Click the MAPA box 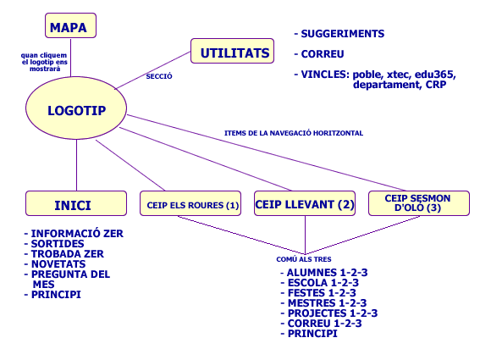click(71, 25)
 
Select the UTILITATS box click(232, 51)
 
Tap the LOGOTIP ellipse click(76, 108)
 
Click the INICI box click(76, 203)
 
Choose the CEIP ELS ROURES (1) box click(190, 203)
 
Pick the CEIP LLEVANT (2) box click(305, 203)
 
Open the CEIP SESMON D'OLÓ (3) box click(419, 203)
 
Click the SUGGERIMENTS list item click(339, 34)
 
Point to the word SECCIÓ click(159, 76)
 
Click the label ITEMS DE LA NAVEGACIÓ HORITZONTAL click(294, 133)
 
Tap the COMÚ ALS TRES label click(304, 259)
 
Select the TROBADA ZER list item click(64, 254)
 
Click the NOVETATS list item click(55, 264)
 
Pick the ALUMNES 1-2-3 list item click(324, 273)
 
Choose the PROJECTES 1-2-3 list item click(329, 313)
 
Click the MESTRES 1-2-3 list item click(323, 303)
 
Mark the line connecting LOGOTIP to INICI click(76, 165)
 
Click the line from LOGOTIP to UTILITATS click(152, 70)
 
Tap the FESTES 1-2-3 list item click(318, 293)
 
